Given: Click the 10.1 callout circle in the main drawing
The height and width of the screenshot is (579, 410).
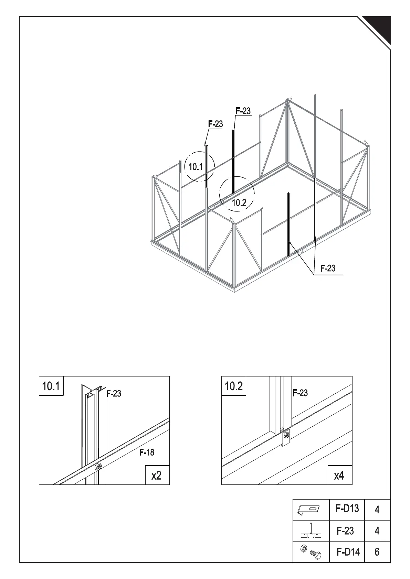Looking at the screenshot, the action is (x=199, y=167).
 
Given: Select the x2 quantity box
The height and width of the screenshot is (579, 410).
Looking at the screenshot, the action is (x=157, y=475).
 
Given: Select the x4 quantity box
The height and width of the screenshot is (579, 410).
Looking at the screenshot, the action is (x=339, y=475).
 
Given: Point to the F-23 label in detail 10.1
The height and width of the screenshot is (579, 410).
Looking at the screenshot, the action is (x=114, y=393).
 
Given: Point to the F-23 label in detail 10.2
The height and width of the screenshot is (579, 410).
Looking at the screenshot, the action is (x=300, y=393).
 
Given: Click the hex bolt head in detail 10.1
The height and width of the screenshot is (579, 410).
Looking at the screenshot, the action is (x=98, y=467).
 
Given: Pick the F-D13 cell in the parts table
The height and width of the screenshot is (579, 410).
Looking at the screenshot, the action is (x=347, y=508).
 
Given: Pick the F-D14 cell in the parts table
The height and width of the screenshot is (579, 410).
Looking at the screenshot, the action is (x=348, y=552).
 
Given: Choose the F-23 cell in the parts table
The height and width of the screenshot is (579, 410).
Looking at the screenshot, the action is (x=345, y=531).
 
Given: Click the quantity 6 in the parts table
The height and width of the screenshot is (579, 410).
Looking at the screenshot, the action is (x=377, y=552).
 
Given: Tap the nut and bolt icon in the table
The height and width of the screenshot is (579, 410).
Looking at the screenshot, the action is (x=311, y=551).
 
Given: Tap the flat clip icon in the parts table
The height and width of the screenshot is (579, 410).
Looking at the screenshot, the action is (x=309, y=510).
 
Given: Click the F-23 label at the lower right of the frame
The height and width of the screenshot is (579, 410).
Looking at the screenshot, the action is (x=328, y=268).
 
